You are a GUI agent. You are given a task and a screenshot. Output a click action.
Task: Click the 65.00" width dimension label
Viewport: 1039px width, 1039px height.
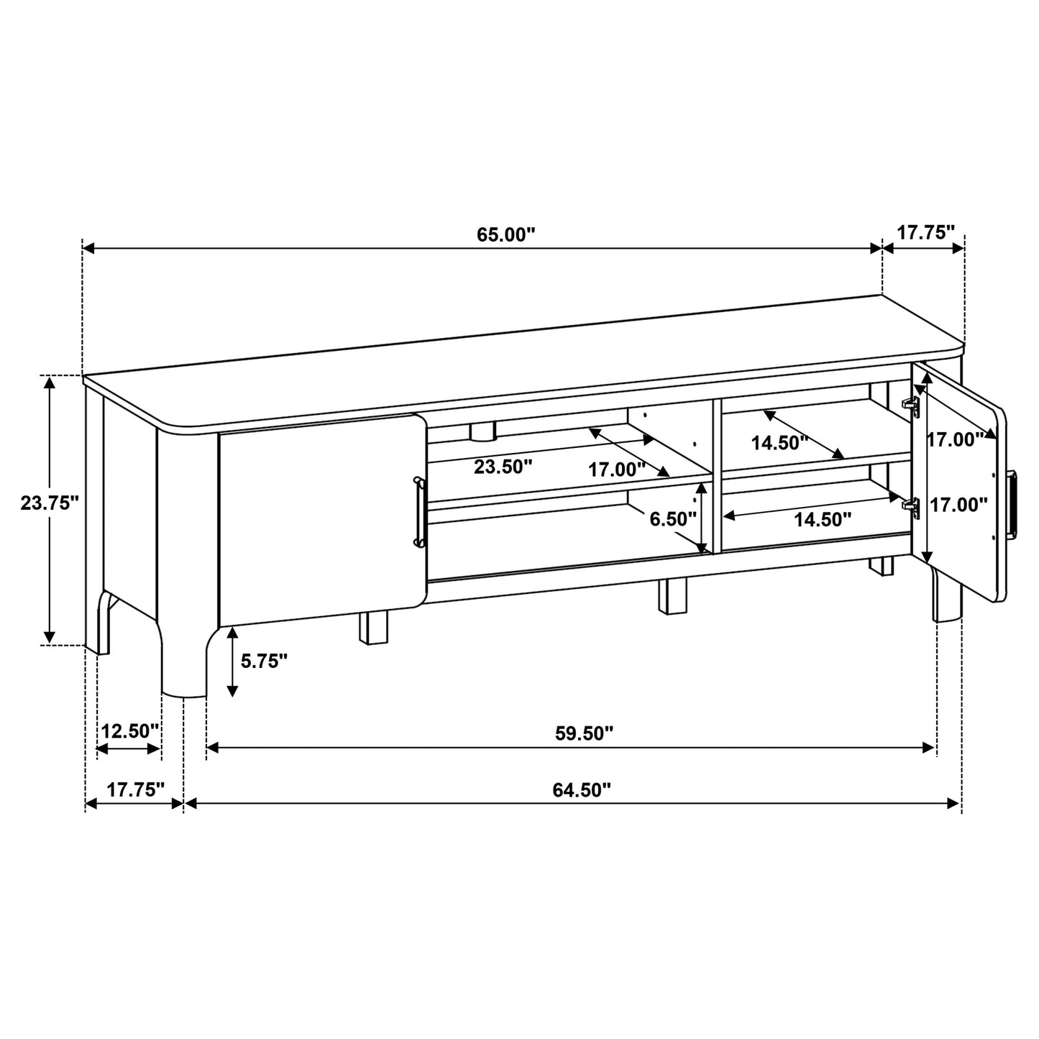(x=506, y=234)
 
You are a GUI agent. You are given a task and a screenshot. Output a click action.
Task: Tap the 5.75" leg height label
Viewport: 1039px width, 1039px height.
(x=264, y=662)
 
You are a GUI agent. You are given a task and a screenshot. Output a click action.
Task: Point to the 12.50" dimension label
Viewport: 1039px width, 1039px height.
(x=129, y=731)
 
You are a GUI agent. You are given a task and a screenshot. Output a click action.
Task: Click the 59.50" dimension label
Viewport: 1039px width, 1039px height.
(x=584, y=733)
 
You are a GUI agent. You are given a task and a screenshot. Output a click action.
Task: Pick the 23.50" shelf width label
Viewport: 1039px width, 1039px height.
(x=503, y=467)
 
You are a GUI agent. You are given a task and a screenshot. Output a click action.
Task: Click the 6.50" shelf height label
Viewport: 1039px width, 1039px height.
(x=673, y=518)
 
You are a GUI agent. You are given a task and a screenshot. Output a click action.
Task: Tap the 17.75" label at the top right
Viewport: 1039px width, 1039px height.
(x=925, y=232)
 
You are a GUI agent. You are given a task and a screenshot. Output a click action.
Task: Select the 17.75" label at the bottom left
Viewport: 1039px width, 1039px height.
(x=136, y=789)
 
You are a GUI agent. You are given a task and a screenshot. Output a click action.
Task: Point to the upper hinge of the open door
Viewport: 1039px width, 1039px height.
(x=910, y=405)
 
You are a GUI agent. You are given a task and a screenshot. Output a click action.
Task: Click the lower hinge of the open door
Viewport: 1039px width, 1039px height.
(x=911, y=506)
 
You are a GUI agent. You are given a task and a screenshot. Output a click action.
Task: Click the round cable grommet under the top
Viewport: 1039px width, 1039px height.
(x=482, y=431)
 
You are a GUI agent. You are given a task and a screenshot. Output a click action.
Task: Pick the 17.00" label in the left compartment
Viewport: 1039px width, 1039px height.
(x=616, y=470)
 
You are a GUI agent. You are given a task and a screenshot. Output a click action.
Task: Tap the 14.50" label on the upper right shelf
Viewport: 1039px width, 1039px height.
(x=780, y=443)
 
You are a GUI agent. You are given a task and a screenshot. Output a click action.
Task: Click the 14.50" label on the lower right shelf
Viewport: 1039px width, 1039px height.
(x=823, y=518)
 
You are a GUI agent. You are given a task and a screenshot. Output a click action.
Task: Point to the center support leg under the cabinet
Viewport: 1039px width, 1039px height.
(x=672, y=597)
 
